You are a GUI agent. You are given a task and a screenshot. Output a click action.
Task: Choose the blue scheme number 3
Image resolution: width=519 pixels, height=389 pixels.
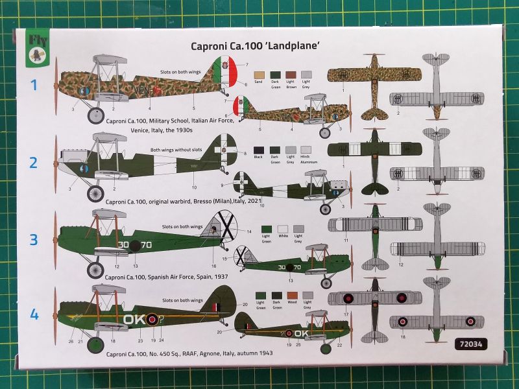point(34,239)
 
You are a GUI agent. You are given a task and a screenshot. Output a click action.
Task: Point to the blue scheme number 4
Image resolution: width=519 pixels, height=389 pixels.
point(34,316)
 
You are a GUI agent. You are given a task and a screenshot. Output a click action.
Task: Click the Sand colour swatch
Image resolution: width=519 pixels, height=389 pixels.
point(260,75)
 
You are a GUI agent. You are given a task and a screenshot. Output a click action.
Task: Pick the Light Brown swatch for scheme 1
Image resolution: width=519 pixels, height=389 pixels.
point(291,75)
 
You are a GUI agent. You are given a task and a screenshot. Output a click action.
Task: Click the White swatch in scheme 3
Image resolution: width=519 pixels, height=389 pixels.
point(282,228)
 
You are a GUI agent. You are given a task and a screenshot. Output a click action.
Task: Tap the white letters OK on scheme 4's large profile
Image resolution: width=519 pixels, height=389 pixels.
point(137,319)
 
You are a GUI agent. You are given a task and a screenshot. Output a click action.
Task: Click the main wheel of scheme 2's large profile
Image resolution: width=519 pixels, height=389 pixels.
point(95,193)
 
